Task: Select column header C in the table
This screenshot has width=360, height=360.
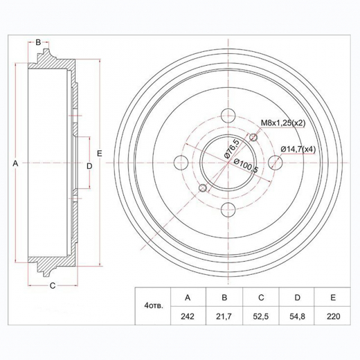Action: click(261, 298)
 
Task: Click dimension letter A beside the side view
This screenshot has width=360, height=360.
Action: click(15, 163)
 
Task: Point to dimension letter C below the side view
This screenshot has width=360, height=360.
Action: click(52, 285)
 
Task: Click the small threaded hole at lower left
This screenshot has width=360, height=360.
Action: click(201, 188)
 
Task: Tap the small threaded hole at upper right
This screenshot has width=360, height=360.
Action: click(254, 138)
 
